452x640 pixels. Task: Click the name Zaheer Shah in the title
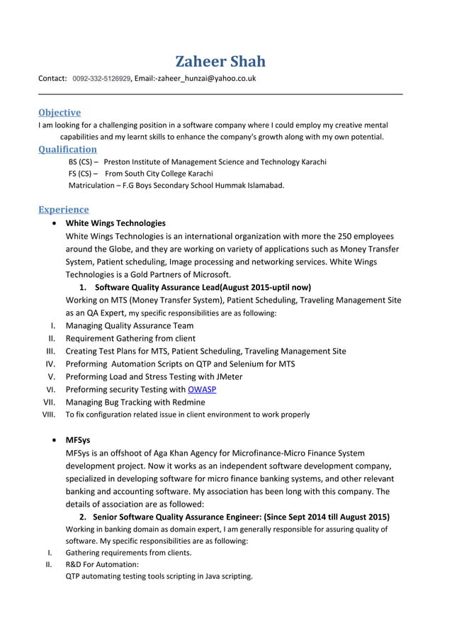point(220,61)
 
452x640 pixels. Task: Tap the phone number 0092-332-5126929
point(101,79)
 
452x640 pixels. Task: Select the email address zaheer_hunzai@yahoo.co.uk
point(206,79)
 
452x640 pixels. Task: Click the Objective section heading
point(60,112)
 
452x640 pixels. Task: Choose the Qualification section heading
point(67,149)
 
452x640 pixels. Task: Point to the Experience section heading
point(64,209)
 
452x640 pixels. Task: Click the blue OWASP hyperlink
point(202,389)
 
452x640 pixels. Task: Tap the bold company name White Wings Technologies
point(115,223)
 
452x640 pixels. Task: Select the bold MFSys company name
point(78,439)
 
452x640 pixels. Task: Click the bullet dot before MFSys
point(56,440)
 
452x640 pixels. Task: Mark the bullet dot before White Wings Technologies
point(56,223)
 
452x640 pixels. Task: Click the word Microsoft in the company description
point(207,274)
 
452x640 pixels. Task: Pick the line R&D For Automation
point(102,564)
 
